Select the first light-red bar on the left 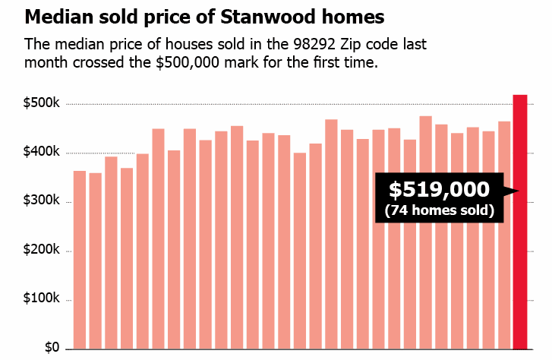click(80, 259)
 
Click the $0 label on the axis click(52, 348)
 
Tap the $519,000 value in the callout click(439, 190)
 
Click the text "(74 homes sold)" click(439, 210)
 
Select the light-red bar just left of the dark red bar click(504, 235)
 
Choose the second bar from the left click(95, 261)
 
